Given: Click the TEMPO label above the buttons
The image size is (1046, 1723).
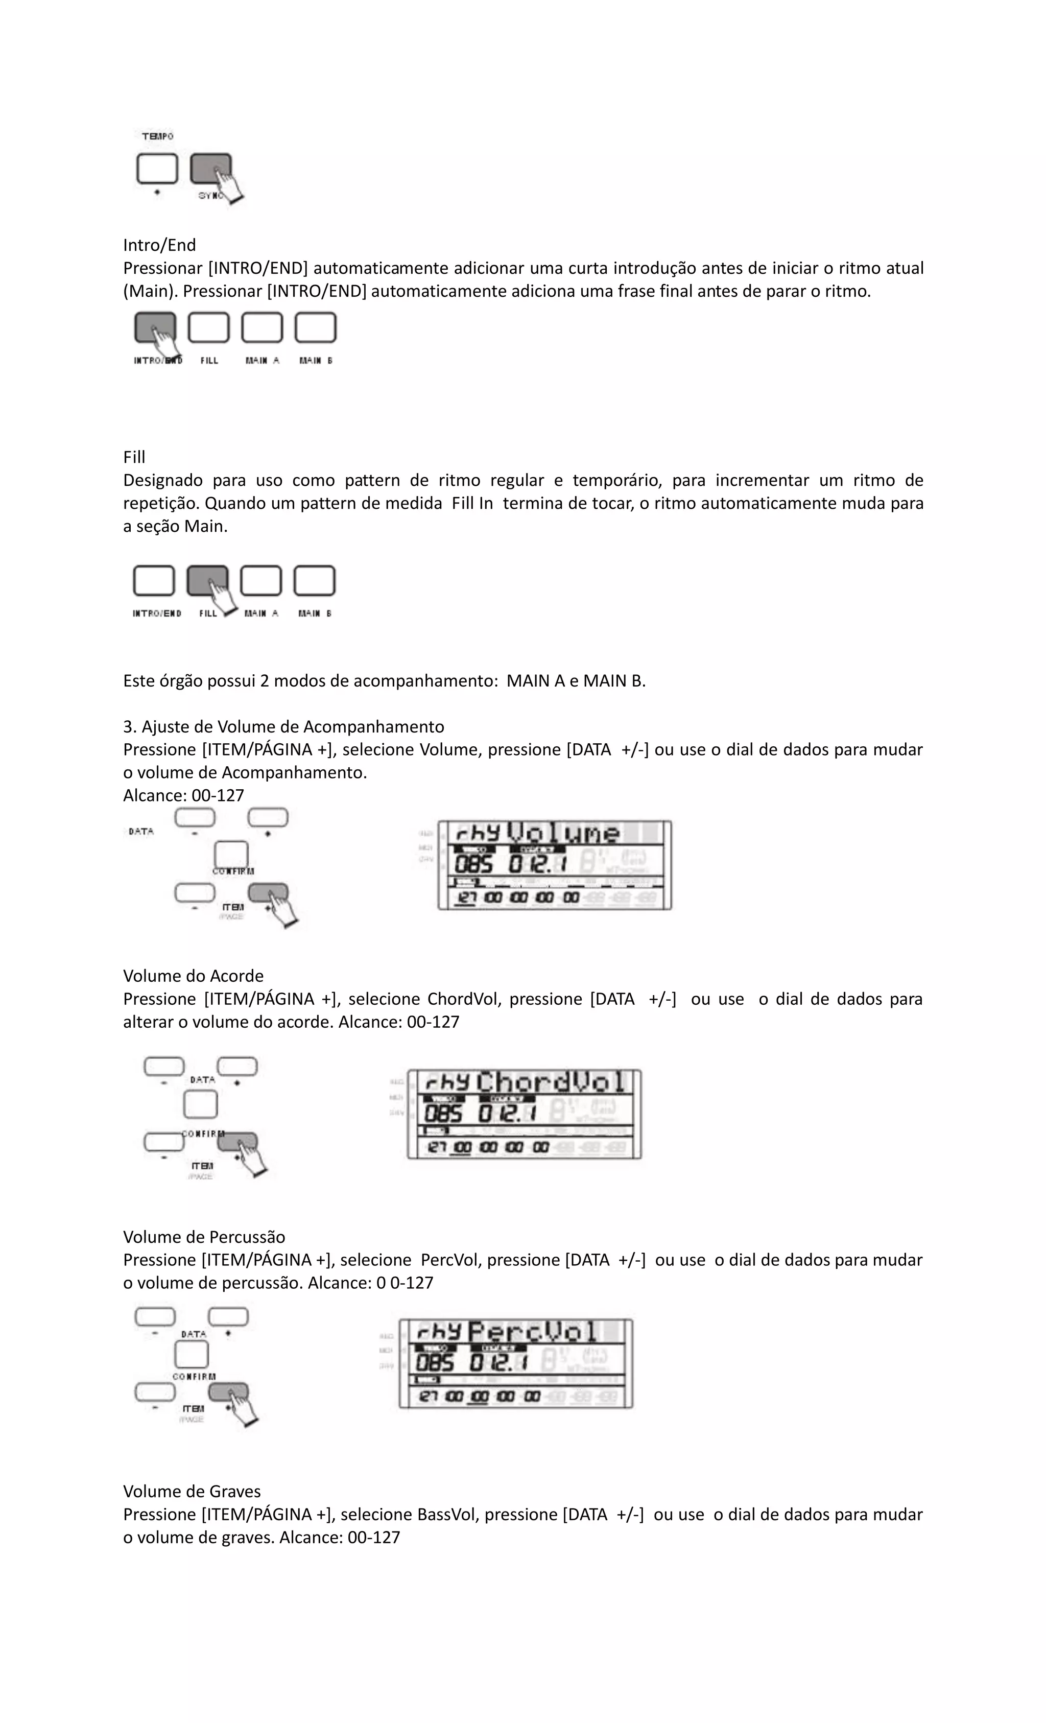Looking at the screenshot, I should [x=157, y=136].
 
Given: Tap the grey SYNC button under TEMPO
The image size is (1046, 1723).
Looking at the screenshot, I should [x=210, y=169].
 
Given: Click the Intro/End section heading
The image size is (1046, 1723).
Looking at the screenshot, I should [x=159, y=245].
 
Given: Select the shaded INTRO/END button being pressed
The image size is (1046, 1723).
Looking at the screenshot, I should [x=155, y=327].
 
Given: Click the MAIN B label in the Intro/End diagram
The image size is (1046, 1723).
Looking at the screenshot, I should [x=315, y=361].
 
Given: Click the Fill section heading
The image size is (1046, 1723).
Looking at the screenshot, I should [x=134, y=457].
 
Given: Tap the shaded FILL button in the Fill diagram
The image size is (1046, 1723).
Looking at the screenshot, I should [x=207, y=580].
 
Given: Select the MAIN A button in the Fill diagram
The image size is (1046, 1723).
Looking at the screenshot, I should [x=261, y=580].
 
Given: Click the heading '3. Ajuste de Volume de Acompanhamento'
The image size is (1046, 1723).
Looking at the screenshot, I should [x=283, y=726].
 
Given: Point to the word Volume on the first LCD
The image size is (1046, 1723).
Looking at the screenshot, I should [x=563, y=833].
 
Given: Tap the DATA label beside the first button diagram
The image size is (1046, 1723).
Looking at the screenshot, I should [x=141, y=832].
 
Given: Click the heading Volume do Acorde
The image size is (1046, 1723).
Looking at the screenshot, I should [x=193, y=976].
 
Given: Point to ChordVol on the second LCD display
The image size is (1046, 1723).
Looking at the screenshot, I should [x=551, y=1083].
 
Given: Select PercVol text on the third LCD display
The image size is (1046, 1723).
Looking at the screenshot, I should [x=533, y=1332].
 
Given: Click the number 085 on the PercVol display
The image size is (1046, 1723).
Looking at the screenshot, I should [x=434, y=1363].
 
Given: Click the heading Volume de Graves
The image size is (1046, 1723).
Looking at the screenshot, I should [x=192, y=1491].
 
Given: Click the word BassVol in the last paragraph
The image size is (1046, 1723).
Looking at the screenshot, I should [x=445, y=1514].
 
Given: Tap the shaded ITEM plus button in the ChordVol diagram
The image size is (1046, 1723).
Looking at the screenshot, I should [x=237, y=1142].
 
